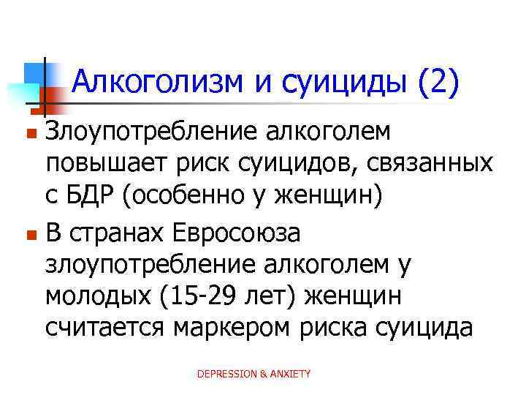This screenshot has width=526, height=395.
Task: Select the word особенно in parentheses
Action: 197,197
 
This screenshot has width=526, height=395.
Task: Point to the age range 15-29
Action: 184,297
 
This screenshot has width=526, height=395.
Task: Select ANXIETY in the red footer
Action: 291,374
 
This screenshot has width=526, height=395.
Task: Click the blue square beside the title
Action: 34,73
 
